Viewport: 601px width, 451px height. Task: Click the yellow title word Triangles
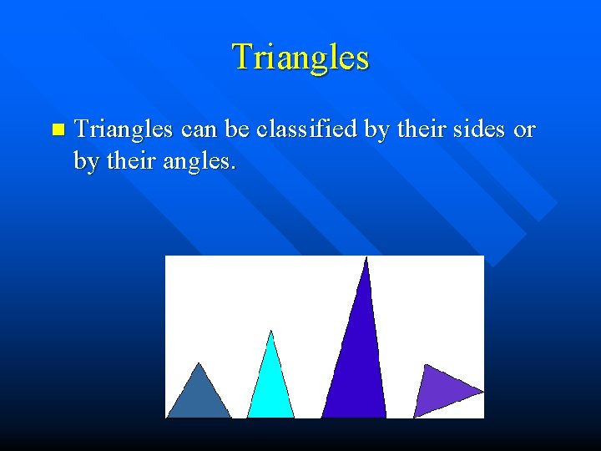pos(300,57)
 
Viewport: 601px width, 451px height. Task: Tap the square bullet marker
pos(57,130)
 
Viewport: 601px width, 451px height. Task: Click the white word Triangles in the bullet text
pos(124,130)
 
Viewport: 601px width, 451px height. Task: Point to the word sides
pos(472,130)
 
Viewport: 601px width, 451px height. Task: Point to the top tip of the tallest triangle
pos(366,258)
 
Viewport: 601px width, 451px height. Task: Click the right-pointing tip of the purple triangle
pos(482,391)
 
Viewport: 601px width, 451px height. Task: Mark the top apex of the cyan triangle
pos(270,332)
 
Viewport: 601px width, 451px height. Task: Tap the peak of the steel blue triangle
pos(199,363)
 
